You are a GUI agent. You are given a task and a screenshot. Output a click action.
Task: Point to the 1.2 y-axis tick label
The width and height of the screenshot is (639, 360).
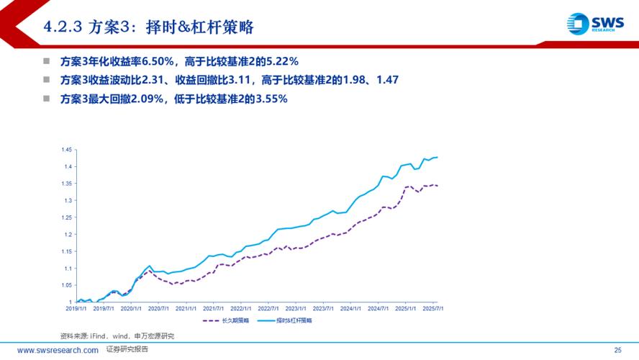[x=68, y=234]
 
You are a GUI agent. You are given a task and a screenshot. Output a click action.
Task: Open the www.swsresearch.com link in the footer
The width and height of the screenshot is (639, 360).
[x=58, y=350]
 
